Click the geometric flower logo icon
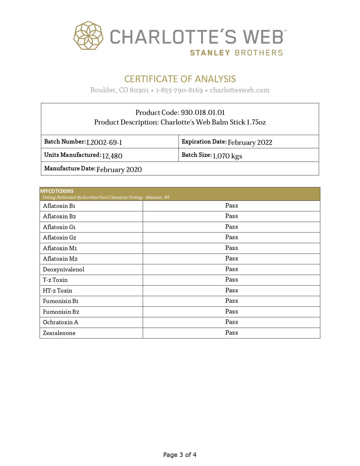click(88, 36)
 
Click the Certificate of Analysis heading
click(180, 79)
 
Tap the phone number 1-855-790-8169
click(179, 90)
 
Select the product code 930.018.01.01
click(203, 112)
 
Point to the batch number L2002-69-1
click(104, 142)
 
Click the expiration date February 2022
click(250, 142)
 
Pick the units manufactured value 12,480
click(112, 156)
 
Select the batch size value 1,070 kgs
click(227, 156)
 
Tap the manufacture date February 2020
click(119, 169)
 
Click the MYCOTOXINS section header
click(57, 191)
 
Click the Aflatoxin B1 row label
click(59, 206)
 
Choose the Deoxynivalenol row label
click(64, 269)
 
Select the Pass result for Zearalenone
click(232, 333)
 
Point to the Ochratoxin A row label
click(60, 322)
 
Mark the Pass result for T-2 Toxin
click(232, 280)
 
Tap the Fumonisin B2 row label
click(61, 312)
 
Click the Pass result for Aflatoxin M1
click(232, 248)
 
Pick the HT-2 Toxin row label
click(57, 291)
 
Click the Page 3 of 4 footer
click(180, 455)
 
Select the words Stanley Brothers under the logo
click(236, 53)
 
